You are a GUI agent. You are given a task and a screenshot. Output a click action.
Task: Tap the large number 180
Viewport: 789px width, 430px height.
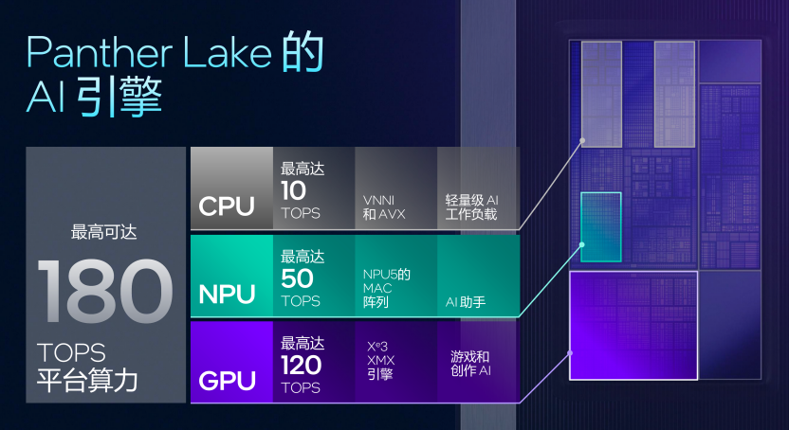coord(106,291)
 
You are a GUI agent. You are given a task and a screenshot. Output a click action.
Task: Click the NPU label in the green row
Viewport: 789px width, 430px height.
coord(227,294)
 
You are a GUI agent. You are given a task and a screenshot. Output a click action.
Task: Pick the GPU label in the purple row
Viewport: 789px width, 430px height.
coord(227,380)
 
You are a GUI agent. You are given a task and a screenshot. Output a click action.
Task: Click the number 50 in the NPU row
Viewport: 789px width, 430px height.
coord(298,278)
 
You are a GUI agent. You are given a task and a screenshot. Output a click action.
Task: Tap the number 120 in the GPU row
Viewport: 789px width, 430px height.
coord(302,366)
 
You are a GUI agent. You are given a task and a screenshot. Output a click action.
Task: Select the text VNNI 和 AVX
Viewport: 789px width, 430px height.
coord(385,207)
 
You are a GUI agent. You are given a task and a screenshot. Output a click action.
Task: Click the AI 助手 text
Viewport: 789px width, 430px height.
coord(466,302)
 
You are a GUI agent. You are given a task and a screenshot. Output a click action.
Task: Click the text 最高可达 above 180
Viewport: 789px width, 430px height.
coord(104,231)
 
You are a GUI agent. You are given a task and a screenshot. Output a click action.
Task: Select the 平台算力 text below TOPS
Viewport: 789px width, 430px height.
coord(87,381)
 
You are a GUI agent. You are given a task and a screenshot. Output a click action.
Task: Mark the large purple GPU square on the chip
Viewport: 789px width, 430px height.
coord(633,325)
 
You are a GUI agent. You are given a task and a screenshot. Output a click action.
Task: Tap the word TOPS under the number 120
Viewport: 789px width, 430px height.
coord(301,388)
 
